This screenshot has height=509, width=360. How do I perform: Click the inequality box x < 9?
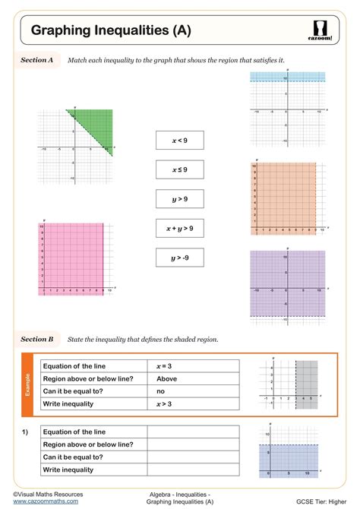click(x=180, y=141)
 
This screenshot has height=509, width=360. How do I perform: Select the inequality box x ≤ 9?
click(x=180, y=169)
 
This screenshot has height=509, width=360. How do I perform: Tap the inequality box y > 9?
click(x=180, y=199)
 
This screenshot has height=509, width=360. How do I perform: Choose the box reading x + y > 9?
click(x=180, y=228)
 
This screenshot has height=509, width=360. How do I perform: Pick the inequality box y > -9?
click(x=180, y=258)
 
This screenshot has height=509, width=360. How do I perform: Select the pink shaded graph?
click(x=72, y=258)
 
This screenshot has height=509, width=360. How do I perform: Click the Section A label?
click(x=36, y=59)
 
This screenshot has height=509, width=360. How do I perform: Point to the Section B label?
click(x=36, y=339)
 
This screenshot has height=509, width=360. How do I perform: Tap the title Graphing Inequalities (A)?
click(x=110, y=30)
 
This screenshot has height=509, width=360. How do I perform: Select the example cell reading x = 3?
click(x=165, y=366)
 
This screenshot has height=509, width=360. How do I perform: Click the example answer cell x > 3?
click(x=164, y=403)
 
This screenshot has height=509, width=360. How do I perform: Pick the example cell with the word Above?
click(x=166, y=378)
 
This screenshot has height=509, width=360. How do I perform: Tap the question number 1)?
click(x=25, y=432)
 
